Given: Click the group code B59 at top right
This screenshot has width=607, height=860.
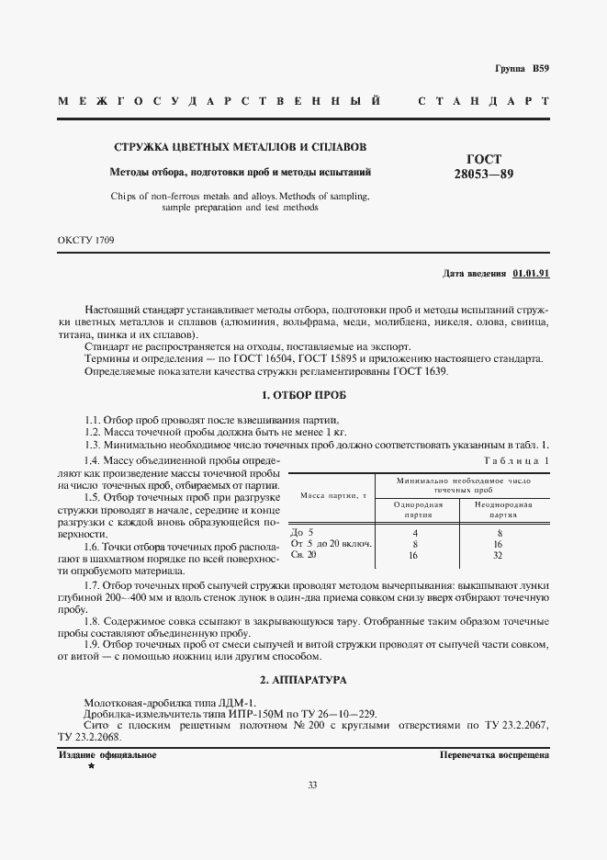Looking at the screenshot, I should click(x=538, y=69).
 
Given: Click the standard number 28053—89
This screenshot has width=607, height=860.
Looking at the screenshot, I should click(x=497, y=175).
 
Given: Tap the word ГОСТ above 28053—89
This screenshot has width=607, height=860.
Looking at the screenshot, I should click(x=497, y=159).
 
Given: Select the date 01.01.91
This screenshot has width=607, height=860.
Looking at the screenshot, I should click(x=531, y=274).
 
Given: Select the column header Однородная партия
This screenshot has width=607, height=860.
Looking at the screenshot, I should click(x=418, y=509).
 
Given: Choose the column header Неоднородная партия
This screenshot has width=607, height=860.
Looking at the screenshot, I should click(x=500, y=509).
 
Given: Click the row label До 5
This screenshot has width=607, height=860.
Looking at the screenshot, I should click(x=302, y=532).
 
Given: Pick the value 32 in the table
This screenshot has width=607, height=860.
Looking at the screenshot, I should click(x=500, y=555).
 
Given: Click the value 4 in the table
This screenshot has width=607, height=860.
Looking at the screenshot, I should click(x=416, y=532).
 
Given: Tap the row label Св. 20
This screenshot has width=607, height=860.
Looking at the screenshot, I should click(x=303, y=555).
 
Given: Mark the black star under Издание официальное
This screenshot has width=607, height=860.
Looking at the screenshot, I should click(x=91, y=765).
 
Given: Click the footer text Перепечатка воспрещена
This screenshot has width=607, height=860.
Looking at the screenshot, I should click(x=494, y=754).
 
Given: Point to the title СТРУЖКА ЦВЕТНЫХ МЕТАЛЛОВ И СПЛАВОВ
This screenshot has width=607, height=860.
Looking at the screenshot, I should click(x=240, y=147).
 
